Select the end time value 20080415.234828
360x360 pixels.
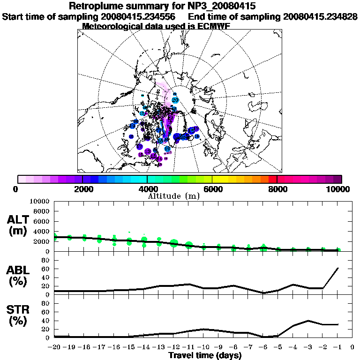coord(320,16)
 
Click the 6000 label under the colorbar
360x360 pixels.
coord(212,189)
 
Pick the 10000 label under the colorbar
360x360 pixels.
coord(338,189)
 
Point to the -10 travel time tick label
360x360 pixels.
coord(203,347)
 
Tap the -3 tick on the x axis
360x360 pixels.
coord(307,347)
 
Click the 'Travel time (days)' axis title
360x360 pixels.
coord(205,356)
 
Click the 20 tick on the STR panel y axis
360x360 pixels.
coord(46,330)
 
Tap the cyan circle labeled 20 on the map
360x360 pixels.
coord(175,100)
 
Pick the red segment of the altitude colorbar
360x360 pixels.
coord(273,179)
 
